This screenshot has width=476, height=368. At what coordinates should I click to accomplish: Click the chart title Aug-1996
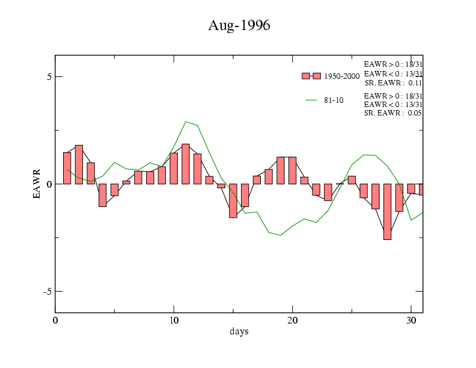pyautogui.click(x=239, y=26)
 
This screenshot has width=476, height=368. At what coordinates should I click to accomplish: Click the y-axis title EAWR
pyautogui.click(x=37, y=183)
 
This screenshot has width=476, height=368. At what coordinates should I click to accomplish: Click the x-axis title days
pyautogui.click(x=239, y=331)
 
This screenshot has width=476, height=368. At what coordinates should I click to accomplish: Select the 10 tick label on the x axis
pyautogui.click(x=174, y=320)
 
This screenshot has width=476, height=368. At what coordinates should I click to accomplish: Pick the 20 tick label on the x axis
pyautogui.click(x=292, y=320)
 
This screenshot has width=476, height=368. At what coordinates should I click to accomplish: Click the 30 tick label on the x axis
pyautogui.click(x=410, y=320)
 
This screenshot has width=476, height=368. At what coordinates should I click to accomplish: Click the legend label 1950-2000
pyautogui.click(x=342, y=76)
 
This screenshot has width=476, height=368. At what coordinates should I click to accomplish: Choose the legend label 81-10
pyautogui.click(x=334, y=100)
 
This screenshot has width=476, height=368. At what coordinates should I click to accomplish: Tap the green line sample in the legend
pyautogui.click(x=311, y=100)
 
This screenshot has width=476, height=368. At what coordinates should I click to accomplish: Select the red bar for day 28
pyautogui.click(x=388, y=212)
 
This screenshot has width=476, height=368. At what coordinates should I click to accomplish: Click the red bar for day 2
pyautogui.click(x=79, y=165)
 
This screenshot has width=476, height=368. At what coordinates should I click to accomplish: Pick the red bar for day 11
pyautogui.click(x=186, y=164)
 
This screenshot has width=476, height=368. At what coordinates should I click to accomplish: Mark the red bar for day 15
pyautogui.click(x=233, y=200)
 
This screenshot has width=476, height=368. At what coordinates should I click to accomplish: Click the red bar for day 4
pyautogui.click(x=103, y=195)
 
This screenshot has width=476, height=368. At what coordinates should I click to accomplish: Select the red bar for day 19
pyautogui.click(x=281, y=170)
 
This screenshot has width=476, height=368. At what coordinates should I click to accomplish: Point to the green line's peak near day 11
pyautogui.click(x=186, y=121)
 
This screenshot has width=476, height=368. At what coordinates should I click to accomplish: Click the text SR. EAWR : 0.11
pyautogui.click(x=393, y=83)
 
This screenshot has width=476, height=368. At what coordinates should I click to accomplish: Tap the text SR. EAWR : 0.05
pyautogui.click(x=393, y=113)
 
